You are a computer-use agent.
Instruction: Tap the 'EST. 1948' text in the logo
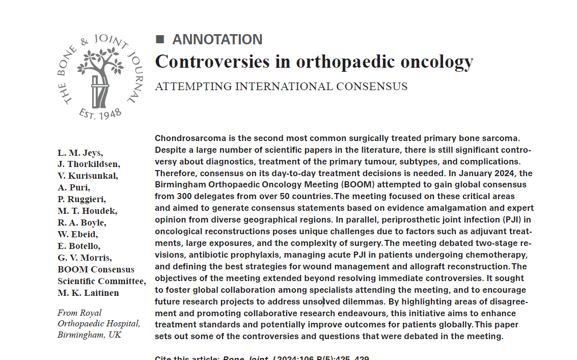coord(100,113)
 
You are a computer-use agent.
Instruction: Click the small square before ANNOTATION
coord(160,39)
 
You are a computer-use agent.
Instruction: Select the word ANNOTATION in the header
coord(217,39)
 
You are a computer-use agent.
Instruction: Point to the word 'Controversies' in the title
coord(213,62)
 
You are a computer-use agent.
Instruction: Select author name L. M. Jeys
coord(80,152)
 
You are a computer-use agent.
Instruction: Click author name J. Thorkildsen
coord(89,164)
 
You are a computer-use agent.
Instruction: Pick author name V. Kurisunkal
coord(88,176)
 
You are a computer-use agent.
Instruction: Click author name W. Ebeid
coord(78,234)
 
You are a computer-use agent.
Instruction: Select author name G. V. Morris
coord(85,258)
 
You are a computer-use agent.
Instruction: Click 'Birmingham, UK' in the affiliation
coord(90,335)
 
